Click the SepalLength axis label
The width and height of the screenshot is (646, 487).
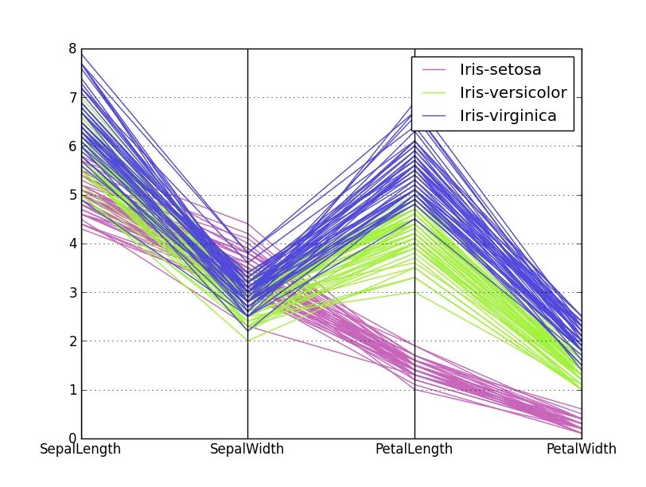(80, 450)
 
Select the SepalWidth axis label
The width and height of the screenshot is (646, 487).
(247, 450)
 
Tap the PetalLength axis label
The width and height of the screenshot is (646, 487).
(414, 450)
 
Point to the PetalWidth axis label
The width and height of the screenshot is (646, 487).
(581, 450)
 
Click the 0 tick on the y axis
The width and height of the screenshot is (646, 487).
(72, 438)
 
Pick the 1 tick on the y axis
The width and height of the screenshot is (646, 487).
(72, 390)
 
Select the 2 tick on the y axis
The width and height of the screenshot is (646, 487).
(72, 341)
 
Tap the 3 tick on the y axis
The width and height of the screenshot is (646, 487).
(72, 293)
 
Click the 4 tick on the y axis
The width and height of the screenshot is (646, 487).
(72, 243)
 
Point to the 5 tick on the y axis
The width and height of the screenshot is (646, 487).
(72, 195)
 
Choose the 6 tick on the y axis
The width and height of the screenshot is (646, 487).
(72, 146)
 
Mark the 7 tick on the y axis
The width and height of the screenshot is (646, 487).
(72, 98)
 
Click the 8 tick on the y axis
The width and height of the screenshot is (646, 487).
(72, 49)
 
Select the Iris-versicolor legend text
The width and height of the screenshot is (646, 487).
(513, 93)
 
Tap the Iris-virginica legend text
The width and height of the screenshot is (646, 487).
(507, 116)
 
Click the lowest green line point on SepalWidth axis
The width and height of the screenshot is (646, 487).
(247, 341)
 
